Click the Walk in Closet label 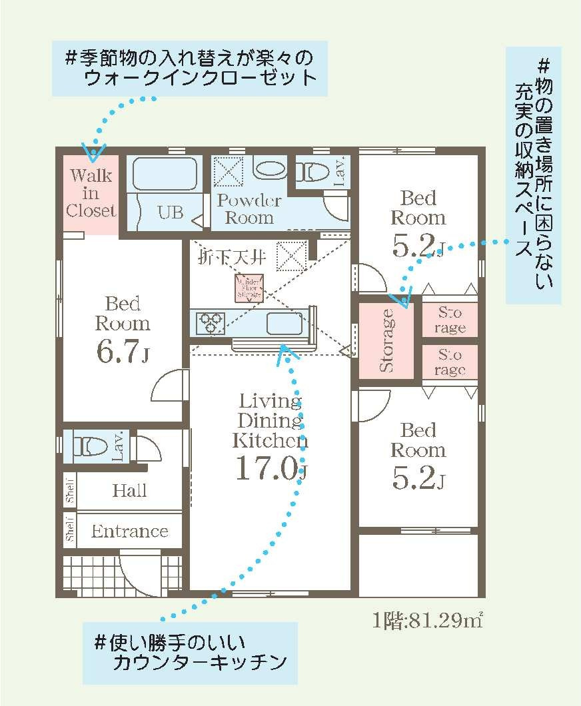(x=91, y=194)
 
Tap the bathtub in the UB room (x=164, y=175)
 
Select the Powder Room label (x=249, y=209)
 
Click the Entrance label (x=129, y=531)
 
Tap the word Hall (x=129, y=492)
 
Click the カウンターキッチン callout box (x=190, y=653)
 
